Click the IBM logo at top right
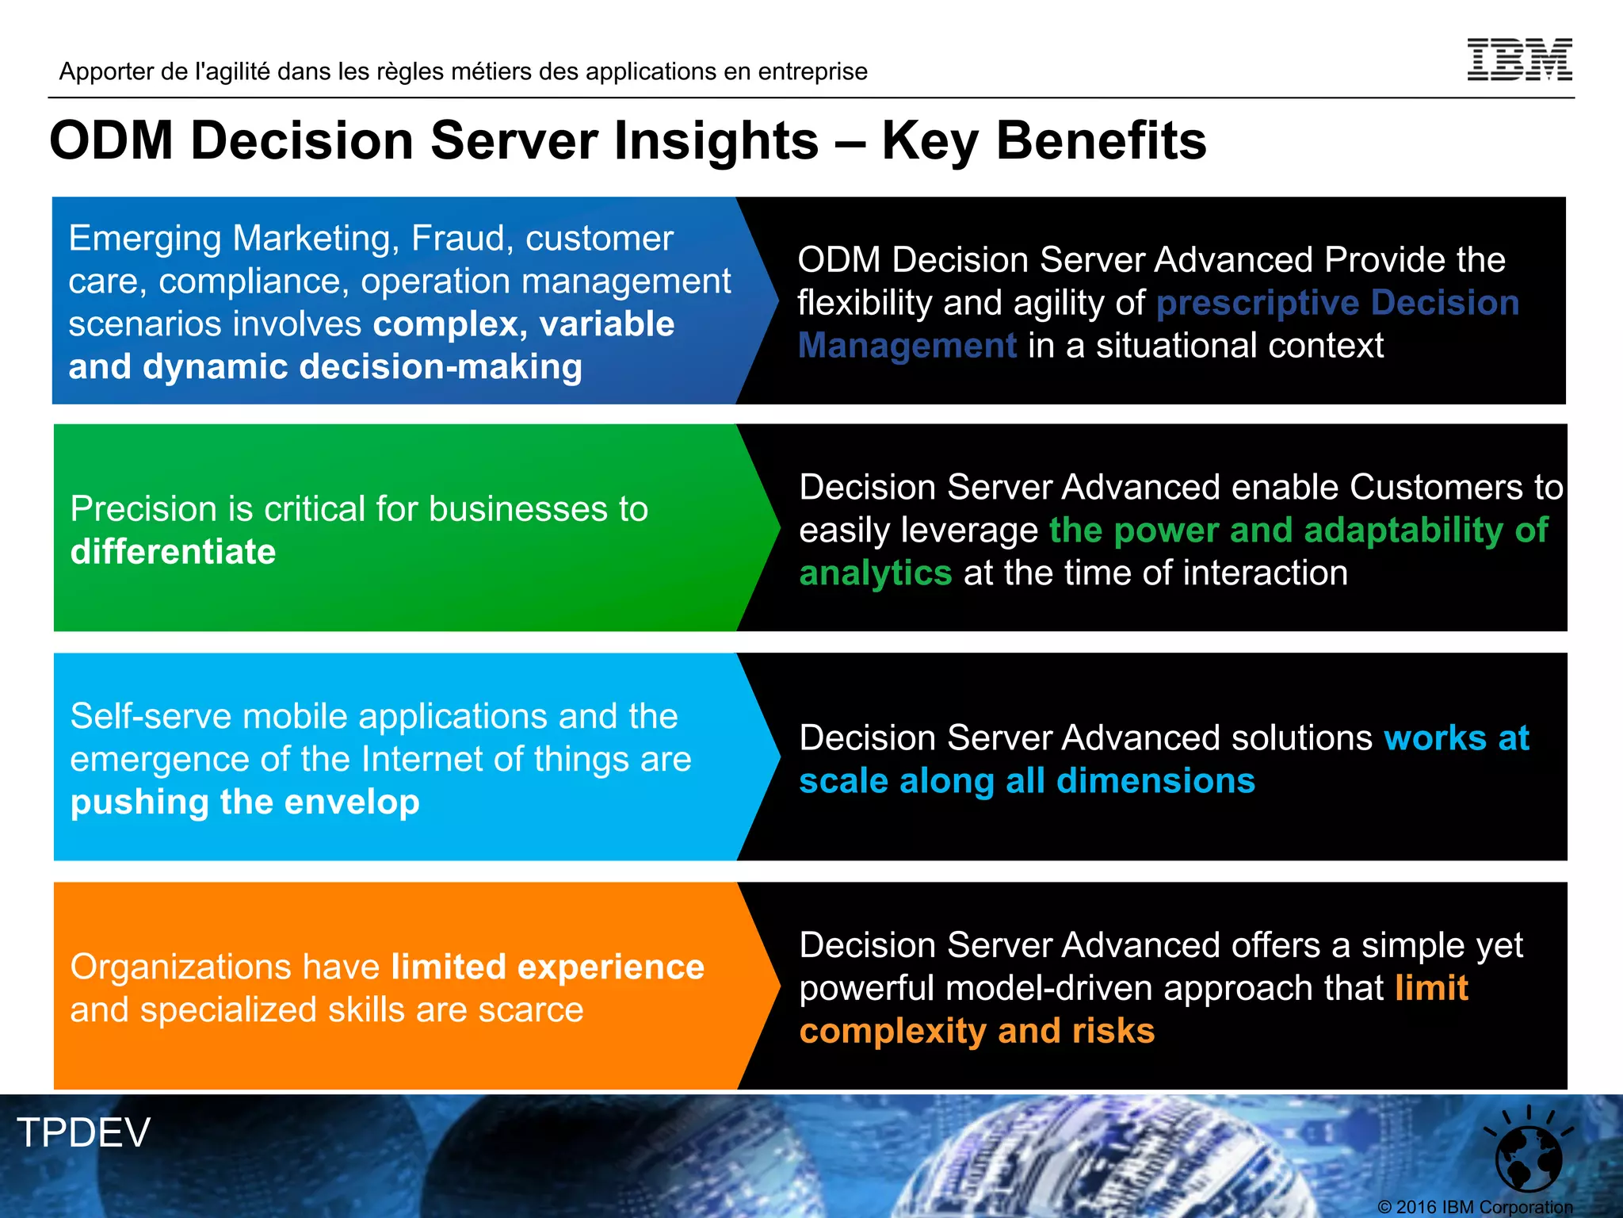pos(1519,59)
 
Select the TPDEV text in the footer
pos(83,1132)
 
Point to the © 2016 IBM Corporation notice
pos(1475,1207)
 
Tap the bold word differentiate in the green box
pos(173,552)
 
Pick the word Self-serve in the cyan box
pos(151,717)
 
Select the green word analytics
pos(875,573)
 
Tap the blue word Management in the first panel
pos(907,346)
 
